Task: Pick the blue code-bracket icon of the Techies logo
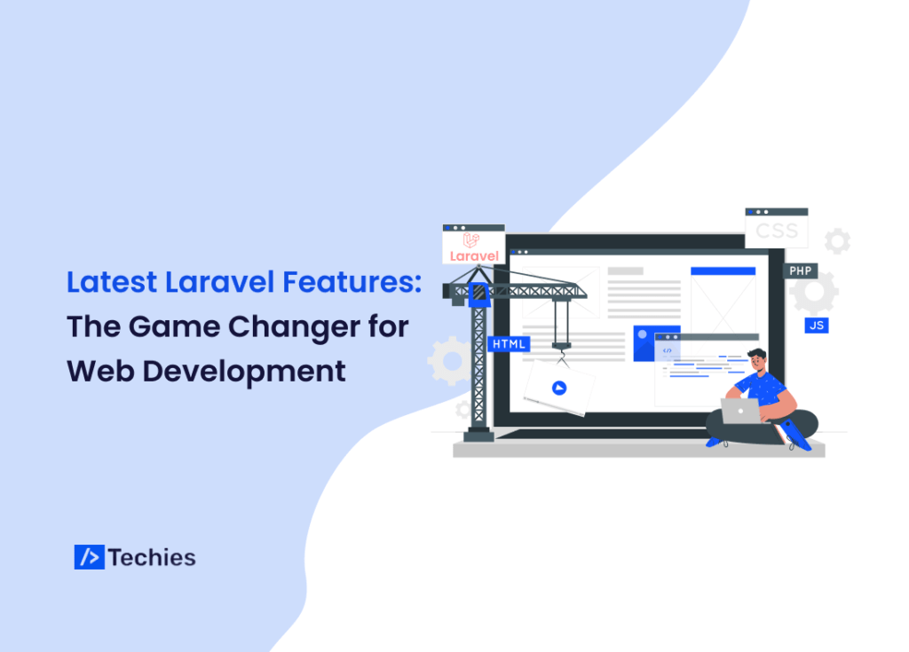click(89, 557)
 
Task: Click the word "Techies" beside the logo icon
click(152, 557)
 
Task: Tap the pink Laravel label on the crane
click(474, 255)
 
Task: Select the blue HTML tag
click(509, 343)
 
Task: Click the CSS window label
click(777, 233)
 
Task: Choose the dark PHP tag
click(800, 271)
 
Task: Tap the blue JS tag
click(817, 325)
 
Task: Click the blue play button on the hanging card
click(558, 387)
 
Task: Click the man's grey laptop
click(741, 411)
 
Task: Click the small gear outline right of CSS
click(836, 240)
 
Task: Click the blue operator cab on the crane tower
click(480, 293)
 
